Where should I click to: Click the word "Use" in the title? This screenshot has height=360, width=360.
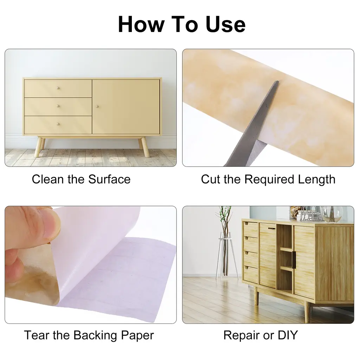click(x=225, y=24)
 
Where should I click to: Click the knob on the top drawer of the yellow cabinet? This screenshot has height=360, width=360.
click(x=58, y=88)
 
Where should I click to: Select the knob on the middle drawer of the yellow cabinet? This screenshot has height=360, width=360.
click(x=58, y=106)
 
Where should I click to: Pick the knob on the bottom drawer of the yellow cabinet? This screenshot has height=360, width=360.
click(x=58, y=124)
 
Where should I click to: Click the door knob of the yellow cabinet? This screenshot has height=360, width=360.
click(x=97, y=106)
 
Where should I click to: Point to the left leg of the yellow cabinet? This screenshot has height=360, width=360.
click(x=39, y=147)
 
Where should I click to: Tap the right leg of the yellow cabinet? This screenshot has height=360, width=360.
click(x=144, y=147)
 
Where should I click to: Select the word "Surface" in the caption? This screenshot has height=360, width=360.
click(x=109, y=179)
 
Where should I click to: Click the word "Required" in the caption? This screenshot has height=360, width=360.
click(x=269, y=179)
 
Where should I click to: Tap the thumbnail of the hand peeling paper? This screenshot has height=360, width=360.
click(x=91, y=265)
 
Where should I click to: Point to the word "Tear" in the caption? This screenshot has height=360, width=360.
click(x=37, y=335)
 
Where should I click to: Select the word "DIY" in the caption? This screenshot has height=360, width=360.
click(x=288, y=335)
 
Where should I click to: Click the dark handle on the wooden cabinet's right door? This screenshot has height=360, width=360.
click(x=294, y=259)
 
